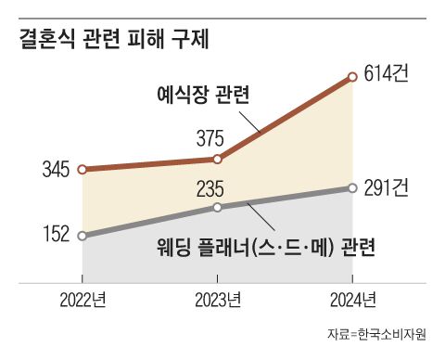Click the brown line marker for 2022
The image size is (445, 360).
tap(83, 170)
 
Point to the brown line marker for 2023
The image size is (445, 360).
tap(217, 160)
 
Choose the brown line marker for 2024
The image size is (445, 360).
tap(351, 78)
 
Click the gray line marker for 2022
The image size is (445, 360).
tap(83, 236)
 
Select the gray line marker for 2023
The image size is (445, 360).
tap(217, 207)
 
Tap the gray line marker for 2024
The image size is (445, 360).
tap(351, 188)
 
